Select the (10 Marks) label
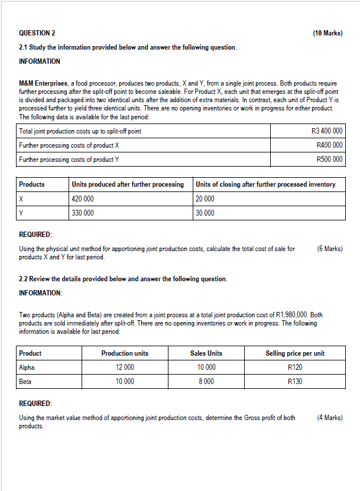[x=327, y=33]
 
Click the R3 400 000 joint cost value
[x=326, y=131]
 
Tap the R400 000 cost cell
[x=329, y=145]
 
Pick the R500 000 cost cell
[x=329, y=159]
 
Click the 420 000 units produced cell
[x=82, y=199]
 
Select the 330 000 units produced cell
[x=82, y=213]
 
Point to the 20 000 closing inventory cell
[x=205, y=199]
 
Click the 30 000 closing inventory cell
[x=205, y=213]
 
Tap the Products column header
[x=32, y=184]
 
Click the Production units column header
[x=125, y=353]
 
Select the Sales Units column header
[x=206, y=353]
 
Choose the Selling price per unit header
[x=295, y=353]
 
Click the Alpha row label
[x=27, y=367]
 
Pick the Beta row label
[x=25, y=381]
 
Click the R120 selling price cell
[x=295, y=367]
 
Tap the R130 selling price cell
[x=295, y=381]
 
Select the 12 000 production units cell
[x=125, y=367]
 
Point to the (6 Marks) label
[x=329, y=249]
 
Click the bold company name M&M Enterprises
[x=44, y=85]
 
